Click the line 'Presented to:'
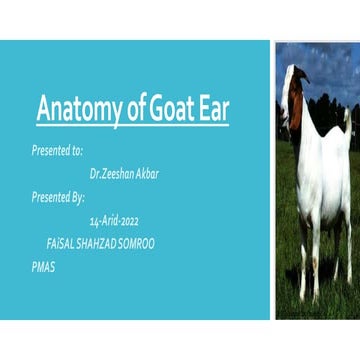(x=57, y=148)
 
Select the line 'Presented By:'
(x=58, y=196)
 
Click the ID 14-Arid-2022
(x=117, y=220)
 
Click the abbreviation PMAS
(x=43, y=268)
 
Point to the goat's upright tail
(x=346, y=118)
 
